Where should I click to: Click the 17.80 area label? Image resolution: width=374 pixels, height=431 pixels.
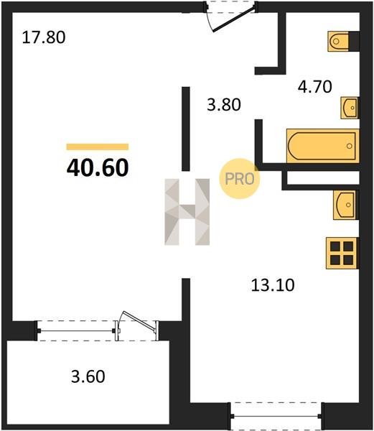(x=44, y=37)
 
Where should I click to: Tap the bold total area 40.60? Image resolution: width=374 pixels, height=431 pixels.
(x=98, y=167)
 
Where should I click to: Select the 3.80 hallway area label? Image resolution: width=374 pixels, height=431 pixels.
(x=224, y=105)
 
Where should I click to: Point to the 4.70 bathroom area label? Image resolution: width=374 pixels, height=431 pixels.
(x=315, y=87)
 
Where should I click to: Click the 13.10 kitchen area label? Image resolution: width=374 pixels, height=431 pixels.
(x=273, y=285)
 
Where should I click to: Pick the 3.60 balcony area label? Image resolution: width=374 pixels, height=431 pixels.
(x=88, y=376)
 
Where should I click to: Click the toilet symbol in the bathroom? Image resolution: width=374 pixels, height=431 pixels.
(x=338, y=42)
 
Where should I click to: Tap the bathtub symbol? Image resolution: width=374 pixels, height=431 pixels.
(x=322, y=146)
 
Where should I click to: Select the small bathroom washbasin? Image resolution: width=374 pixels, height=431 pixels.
(x=350, y=108)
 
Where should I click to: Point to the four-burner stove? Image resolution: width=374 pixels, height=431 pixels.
(x=342, y=253)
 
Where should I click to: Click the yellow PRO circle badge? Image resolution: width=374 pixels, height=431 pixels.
(x=240, y=179)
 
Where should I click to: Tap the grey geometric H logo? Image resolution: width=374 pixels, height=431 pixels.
(x=187, y=212)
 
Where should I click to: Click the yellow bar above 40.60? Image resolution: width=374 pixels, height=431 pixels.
(x=98, y=147)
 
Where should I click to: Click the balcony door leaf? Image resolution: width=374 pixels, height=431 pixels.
(x=138, y=321)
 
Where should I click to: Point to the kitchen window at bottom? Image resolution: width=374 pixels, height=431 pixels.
(x=277, y=417)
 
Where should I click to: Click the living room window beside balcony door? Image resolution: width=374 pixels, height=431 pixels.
(x=76, y=330)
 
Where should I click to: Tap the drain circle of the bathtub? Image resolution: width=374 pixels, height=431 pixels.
(x=350, y=146)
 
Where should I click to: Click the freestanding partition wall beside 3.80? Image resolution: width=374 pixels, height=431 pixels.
(x=186, y=129)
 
